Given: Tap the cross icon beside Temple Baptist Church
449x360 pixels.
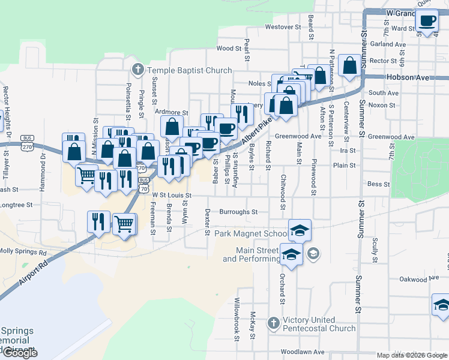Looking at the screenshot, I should pos(137,70).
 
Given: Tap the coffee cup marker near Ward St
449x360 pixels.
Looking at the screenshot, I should pos(427,20).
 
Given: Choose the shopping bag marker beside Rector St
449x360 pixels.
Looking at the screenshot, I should pos(349,65).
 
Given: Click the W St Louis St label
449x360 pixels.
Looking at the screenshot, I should pos(171,195).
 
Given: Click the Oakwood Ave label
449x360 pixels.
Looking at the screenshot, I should pos(421,279).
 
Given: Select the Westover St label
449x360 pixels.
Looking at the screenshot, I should pos(283,27).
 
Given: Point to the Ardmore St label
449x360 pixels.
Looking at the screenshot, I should pos(172,112).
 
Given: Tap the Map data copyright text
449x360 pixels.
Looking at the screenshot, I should pos(412,355).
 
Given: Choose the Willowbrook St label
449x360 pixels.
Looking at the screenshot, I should pos(237,319).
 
